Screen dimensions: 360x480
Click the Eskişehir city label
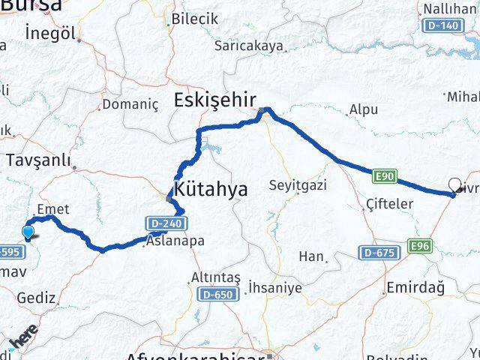215,100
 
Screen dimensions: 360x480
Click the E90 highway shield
382,175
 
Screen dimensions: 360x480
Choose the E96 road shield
419,245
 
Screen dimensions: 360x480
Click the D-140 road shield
442,25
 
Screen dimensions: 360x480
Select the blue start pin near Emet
28,232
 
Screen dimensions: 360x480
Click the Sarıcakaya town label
248,46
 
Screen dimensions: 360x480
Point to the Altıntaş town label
216,277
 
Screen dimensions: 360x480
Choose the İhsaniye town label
277,287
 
